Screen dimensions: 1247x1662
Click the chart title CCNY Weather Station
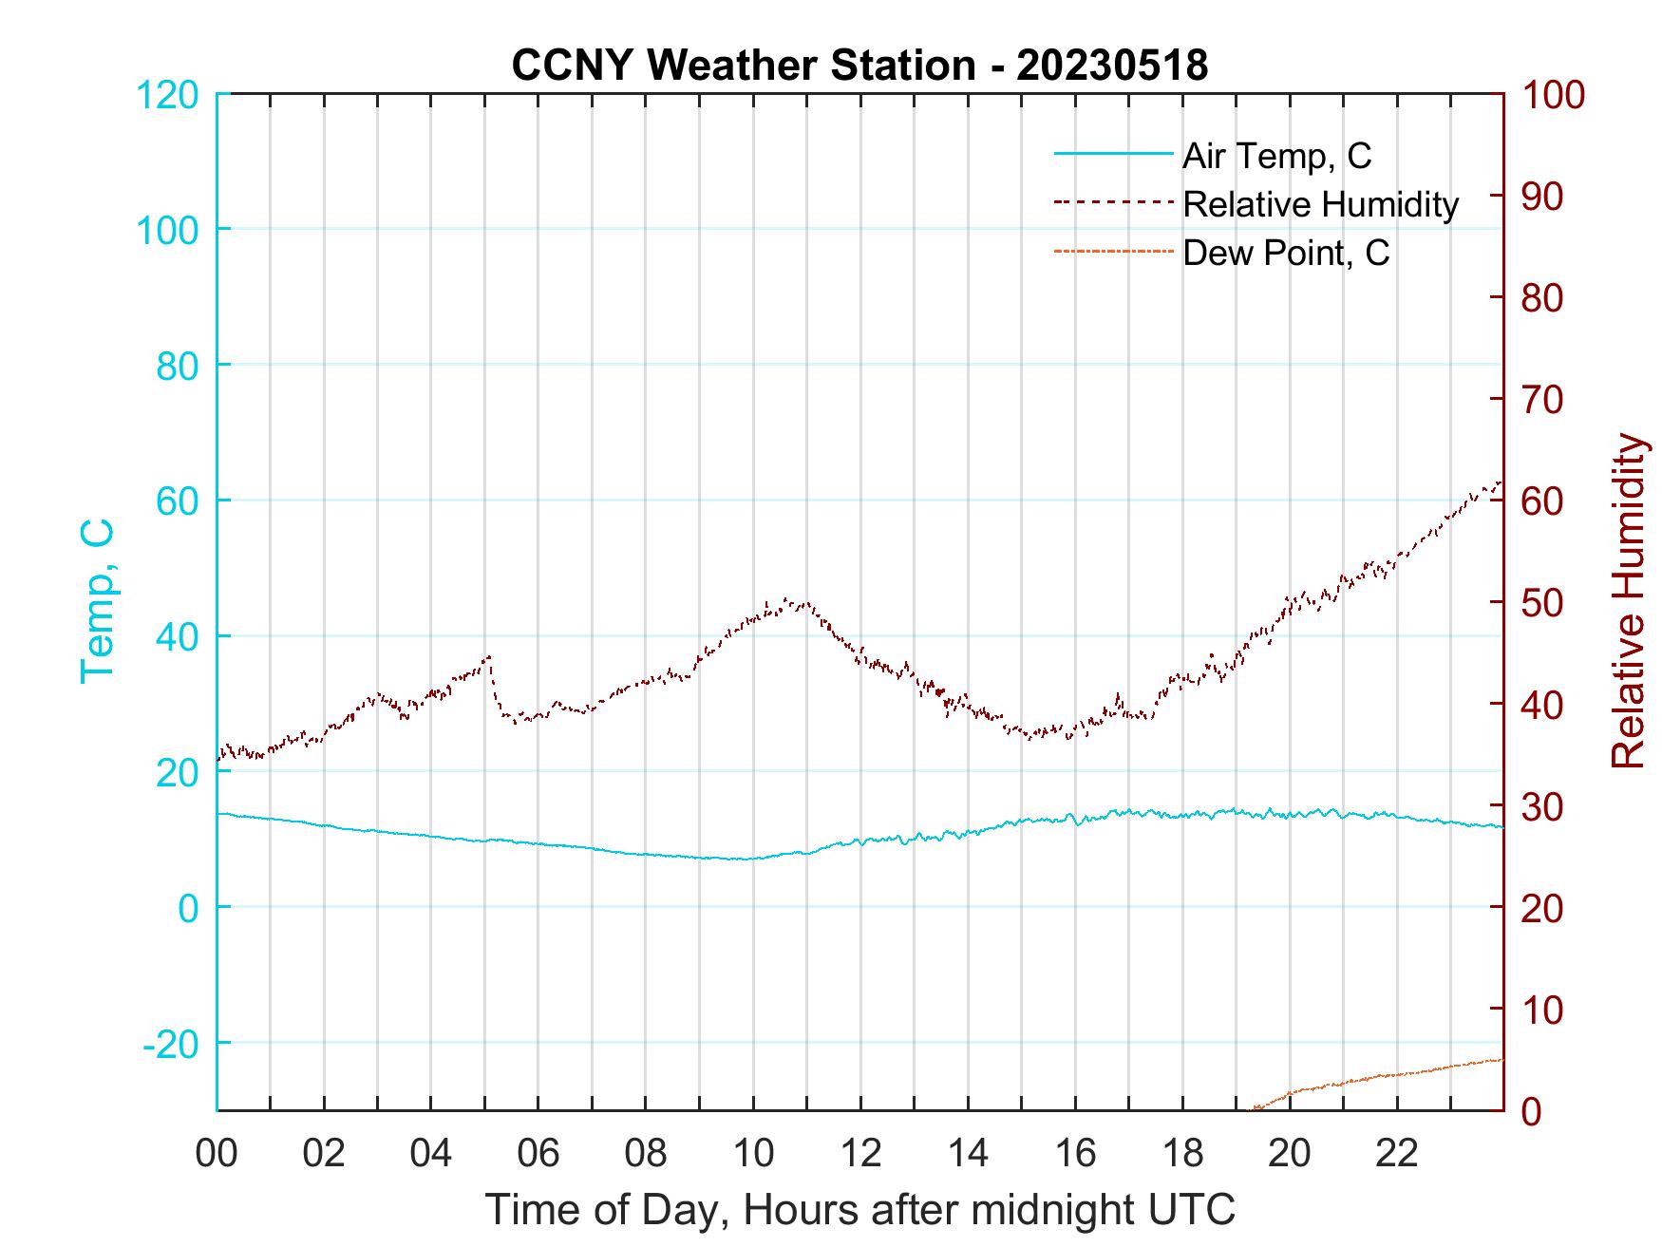tap(859, 66)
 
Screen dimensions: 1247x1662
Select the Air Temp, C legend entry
tap(1276, 156)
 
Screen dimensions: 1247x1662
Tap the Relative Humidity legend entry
tap(1320, 204)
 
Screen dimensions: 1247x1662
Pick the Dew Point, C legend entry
tap(1286, 253)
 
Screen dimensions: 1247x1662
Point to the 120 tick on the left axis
tap(168, 95)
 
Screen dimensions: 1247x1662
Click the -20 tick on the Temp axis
tap(171, 1044)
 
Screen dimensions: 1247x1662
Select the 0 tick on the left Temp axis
tap(188, 908)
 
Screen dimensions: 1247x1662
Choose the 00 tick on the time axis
tap(217, 1154)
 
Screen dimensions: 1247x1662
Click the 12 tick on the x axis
tap(860, 1154)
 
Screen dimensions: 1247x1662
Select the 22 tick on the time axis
tap(1397, 1154)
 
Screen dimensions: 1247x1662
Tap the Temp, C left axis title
tap(98, 600)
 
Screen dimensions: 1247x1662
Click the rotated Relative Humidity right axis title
tap(1628, 600)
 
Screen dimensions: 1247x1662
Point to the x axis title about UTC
tap(860, 1210)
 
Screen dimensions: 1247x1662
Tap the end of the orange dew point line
tap(1501, 1059)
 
